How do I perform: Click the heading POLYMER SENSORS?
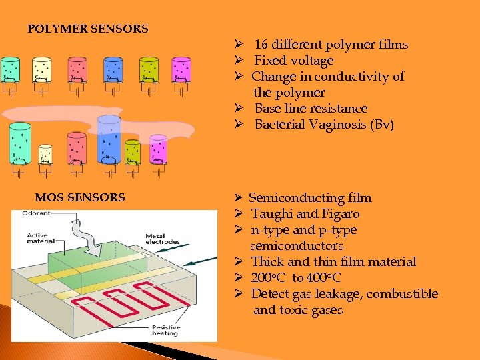coord(87,29)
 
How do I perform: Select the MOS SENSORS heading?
coord(80,197)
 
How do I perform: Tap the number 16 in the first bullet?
coord(261,45)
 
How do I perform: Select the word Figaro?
coord(341,214)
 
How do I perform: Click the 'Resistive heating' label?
coord(165,330)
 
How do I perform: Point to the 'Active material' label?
coord(39,238)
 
